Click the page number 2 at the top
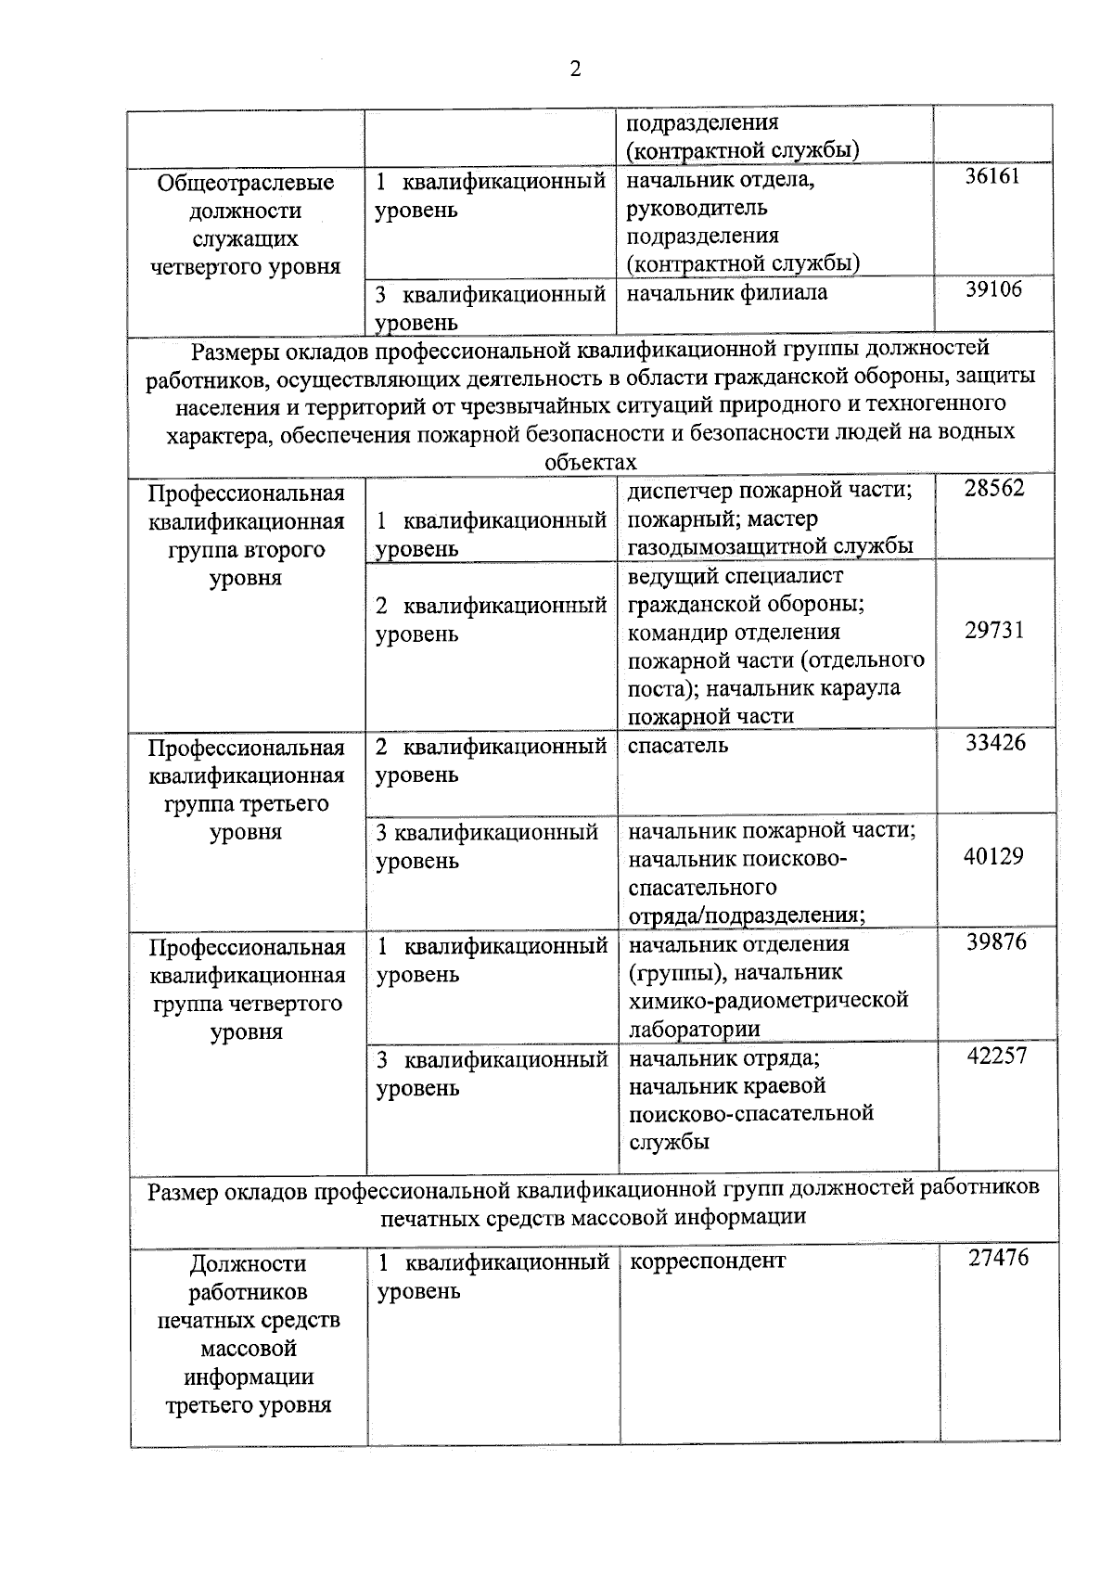point(575,70)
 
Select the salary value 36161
point(991,176)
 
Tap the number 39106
point(992,289)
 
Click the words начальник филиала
point(727,293)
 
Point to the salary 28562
point(993,489)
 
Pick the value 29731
point(994,631)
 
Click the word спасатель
point(678,745)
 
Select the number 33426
point(995,743)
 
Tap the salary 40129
point(994,856)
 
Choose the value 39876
point(996,941)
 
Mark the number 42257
point(997,1056)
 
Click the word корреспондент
point(707,1261)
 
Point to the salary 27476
point(998,1259)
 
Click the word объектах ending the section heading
point(591,462)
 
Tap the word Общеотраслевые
point(245,183)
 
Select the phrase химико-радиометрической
point(768,1000)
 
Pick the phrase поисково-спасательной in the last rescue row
point(751,1113)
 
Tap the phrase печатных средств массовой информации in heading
point(593,1216)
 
